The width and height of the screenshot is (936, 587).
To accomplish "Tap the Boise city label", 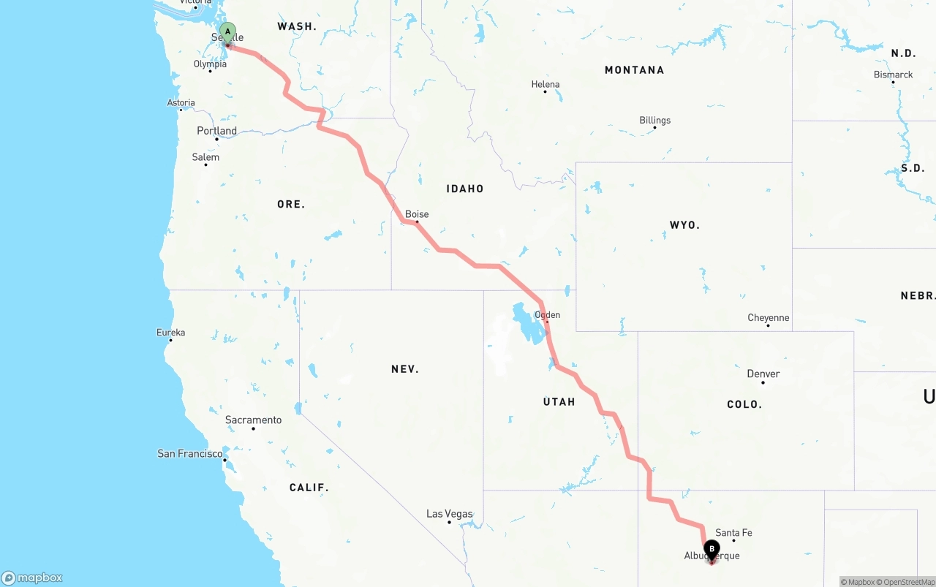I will pos(417,214).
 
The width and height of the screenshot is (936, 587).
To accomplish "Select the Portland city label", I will pos(216,131).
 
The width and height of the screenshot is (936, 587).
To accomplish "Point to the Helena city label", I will pos(546,84).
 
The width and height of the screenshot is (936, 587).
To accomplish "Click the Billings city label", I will pos(654,120).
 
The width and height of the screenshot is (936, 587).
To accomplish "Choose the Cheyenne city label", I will pos(768,317).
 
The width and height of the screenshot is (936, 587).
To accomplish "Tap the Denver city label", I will pos(763,374).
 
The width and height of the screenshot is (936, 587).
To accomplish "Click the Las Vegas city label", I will pos(449,514).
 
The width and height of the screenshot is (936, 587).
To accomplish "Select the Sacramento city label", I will pos(253,420).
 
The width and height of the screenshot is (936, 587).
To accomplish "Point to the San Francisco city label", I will pos(190,454).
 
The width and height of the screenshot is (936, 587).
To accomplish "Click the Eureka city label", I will pos(170,332).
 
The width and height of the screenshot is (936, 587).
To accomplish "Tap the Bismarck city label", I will pos(893,75).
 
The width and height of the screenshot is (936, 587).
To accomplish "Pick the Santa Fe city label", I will pos(733,533).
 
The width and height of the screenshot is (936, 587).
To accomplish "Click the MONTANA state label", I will pos(634,70).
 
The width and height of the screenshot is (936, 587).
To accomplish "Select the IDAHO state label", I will pos(465,189).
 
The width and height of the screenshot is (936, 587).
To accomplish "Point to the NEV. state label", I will pos(404,369).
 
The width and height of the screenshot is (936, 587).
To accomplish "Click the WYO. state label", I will pos(684,224).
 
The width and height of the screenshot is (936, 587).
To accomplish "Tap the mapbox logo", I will pos(32,577).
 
